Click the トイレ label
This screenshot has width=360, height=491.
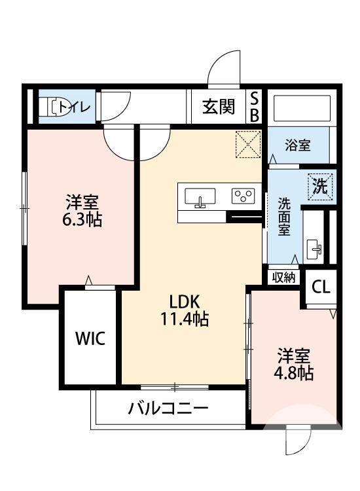click(77, 106)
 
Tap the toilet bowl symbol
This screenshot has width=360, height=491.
click(54, 107)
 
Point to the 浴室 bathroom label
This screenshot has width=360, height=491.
click(298, 145)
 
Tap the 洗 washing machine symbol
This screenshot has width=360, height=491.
click(321, 185)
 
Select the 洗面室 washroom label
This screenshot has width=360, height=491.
click(283, 217)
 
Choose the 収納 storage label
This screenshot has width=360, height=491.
click(283, 277)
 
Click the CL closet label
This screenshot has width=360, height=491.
click(321, 287)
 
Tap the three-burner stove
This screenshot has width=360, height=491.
click(244, 195)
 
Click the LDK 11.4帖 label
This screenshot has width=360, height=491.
click(189, 310)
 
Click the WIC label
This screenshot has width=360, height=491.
click(90, 338)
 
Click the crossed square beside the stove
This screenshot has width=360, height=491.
click(249, 145)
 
